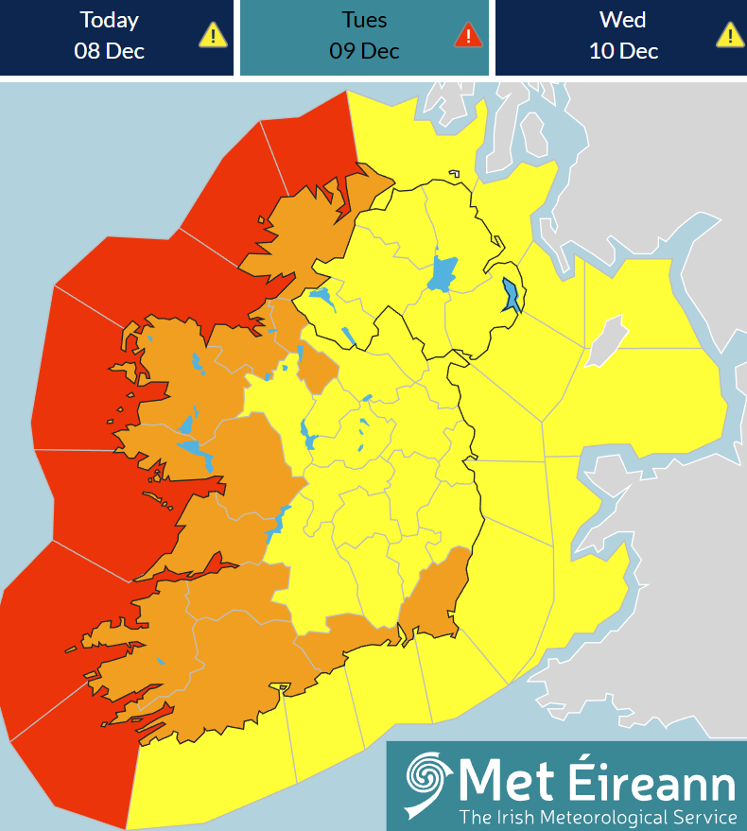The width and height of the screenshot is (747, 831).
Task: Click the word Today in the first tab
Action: (110, 20)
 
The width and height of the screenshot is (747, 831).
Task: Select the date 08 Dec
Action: (110, 50)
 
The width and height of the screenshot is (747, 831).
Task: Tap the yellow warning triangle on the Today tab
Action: (213, 35)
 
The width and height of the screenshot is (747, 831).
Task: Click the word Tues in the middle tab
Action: (364, 20)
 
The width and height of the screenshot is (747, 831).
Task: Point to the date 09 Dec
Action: (364, 50)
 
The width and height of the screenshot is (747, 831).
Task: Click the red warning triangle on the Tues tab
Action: (468, 35)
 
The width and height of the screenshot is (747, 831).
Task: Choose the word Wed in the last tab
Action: (623, 20)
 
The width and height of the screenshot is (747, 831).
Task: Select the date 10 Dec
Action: (623, 50)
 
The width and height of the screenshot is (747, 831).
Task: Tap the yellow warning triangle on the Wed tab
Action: (729, 35)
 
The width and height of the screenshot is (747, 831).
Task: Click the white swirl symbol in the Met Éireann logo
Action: (427, 784)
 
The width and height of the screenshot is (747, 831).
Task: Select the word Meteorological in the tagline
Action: (611, 816)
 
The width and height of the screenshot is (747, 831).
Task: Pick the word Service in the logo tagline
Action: (704, 816)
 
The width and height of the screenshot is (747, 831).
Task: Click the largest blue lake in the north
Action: (442, 273)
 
